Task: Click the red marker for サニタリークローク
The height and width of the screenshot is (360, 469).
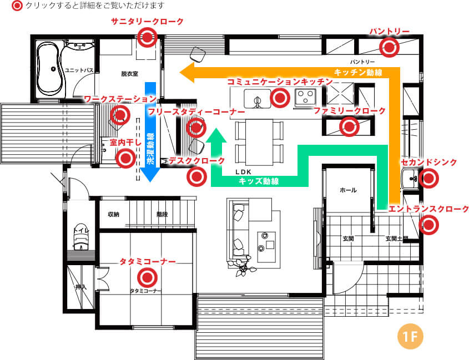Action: tap(147, 37)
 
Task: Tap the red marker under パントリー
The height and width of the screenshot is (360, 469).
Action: tap(389, 47)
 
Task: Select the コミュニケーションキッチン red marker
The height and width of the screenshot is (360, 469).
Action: tap(280, 98)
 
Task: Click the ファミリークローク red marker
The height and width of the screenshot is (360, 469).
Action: tap(349, 127)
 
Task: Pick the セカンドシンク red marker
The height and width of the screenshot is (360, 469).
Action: tap(428, 178)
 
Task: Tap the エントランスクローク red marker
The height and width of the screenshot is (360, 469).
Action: tap(428, 225)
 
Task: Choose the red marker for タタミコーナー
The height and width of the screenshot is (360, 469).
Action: tap(147, 277)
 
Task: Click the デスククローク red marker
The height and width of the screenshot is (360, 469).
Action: tap(196, 177)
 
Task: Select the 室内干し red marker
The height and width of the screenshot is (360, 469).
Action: tap(125, 158)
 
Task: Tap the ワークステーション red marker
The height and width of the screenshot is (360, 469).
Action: tap(120, 115)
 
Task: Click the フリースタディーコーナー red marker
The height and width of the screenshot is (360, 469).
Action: tap(196, 128)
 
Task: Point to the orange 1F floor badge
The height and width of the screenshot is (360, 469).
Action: tap(410, 336)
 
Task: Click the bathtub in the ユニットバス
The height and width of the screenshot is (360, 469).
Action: tap(51, 68)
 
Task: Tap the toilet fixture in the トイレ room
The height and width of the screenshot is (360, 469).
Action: tap(81, 236)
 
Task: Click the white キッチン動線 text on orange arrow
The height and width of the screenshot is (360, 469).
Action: tap(358, 72)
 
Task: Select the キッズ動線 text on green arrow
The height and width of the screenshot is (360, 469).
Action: tap(259, 181)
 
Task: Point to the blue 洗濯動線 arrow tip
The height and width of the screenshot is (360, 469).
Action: tap(150, 181)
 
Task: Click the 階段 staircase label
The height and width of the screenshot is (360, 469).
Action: tap(162, 214)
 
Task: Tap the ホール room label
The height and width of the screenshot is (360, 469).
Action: tap(348, 190)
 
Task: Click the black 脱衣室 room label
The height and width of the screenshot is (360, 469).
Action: tap(129, 74)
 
